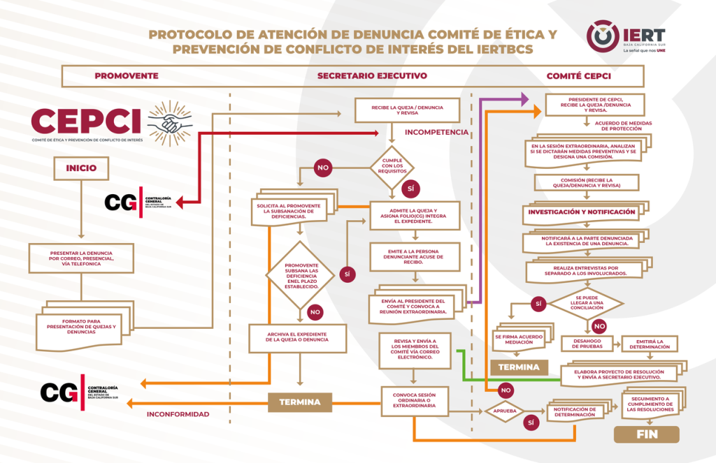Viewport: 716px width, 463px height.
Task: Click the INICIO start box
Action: [x=81, y=168]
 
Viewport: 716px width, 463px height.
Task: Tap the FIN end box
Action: [x=646, y=434]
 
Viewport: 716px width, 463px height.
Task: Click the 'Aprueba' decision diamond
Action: [x=505, y=411]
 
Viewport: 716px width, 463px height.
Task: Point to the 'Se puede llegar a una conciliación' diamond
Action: [x=585, y=303]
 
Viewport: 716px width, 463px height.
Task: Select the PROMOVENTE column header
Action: [x=126, y=75]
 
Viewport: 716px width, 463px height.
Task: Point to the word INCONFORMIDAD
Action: [x=178, y=414]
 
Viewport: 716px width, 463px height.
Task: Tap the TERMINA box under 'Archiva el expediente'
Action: [x=299, y=402]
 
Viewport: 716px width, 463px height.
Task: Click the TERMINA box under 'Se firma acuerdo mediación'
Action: [x=518, y=367]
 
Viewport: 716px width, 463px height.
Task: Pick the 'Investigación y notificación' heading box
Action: [x=581, y=212]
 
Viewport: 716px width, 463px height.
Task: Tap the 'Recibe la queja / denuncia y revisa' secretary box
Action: [x=408, y=110]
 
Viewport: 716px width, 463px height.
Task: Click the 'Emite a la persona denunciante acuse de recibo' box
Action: [x=415, y=257]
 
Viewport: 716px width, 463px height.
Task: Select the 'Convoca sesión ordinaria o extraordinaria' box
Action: [x=415, y=401]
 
